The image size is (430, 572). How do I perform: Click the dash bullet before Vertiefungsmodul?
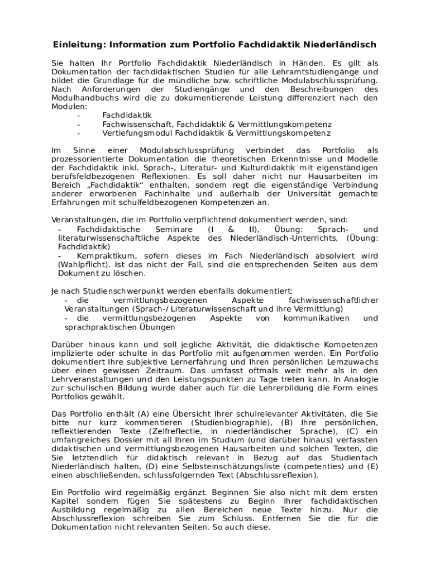[x=79, y=134]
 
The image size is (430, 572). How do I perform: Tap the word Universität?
[x=318, y=194]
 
